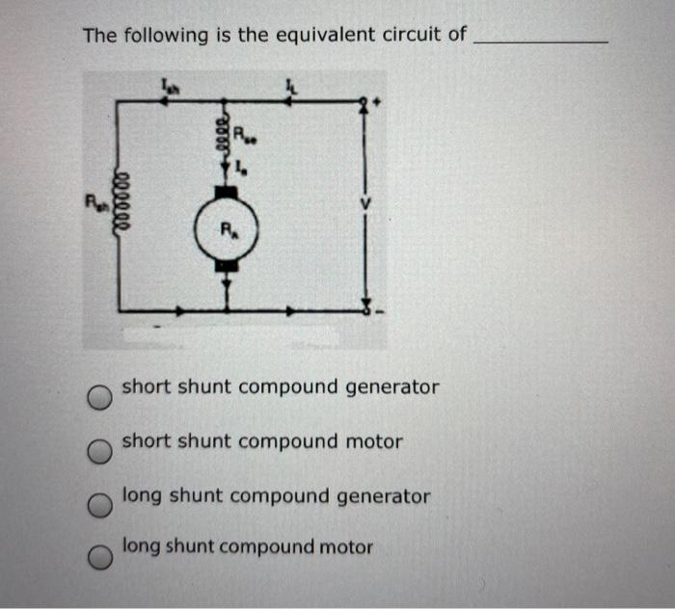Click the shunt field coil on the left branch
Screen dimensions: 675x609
[120, 205]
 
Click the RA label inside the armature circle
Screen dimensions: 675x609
[228, 230]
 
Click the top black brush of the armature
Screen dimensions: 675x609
[228, 189]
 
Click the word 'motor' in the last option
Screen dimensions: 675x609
[345, 546]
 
